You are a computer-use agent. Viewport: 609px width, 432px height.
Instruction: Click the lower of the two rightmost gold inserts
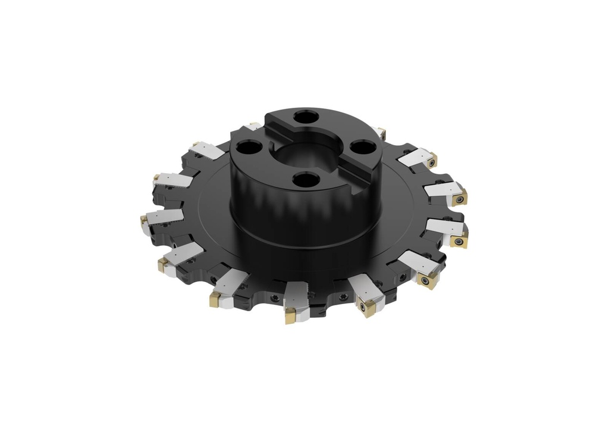click(460, 240)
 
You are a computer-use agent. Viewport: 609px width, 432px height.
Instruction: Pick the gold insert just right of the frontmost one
click(365, 307)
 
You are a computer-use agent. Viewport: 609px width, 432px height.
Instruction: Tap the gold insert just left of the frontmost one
click(215, 300)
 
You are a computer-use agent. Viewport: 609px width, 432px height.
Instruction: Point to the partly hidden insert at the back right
click(381, 132)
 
